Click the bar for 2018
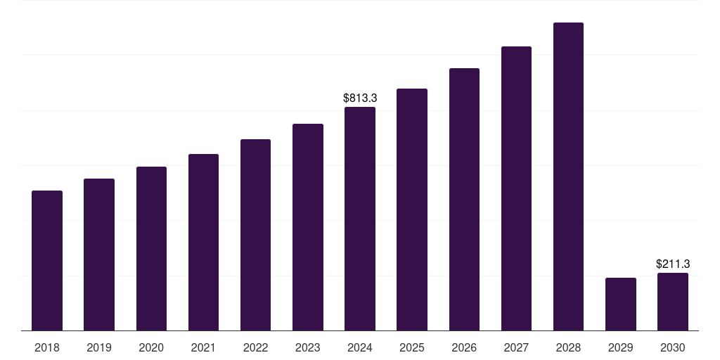pos(47,260)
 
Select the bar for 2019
pos(99,255)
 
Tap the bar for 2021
pos(203,242)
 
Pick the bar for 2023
pos(308,227)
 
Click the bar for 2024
pos(360,219)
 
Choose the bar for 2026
pos(464,199)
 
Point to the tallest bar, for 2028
pos(568,176)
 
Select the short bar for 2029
pos(621,304)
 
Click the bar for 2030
pos(673,302)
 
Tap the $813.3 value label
pos(360,98)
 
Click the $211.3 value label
pos(673,264)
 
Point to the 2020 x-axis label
pos(151,347)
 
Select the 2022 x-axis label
pos(255,347)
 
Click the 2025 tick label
pos(412,347)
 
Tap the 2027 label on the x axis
pos(516,347)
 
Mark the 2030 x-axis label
pos(673,347)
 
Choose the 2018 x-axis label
pos(47,347)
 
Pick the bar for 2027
pos(516,188)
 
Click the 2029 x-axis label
pos(621,347)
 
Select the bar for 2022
pos(255,235)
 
